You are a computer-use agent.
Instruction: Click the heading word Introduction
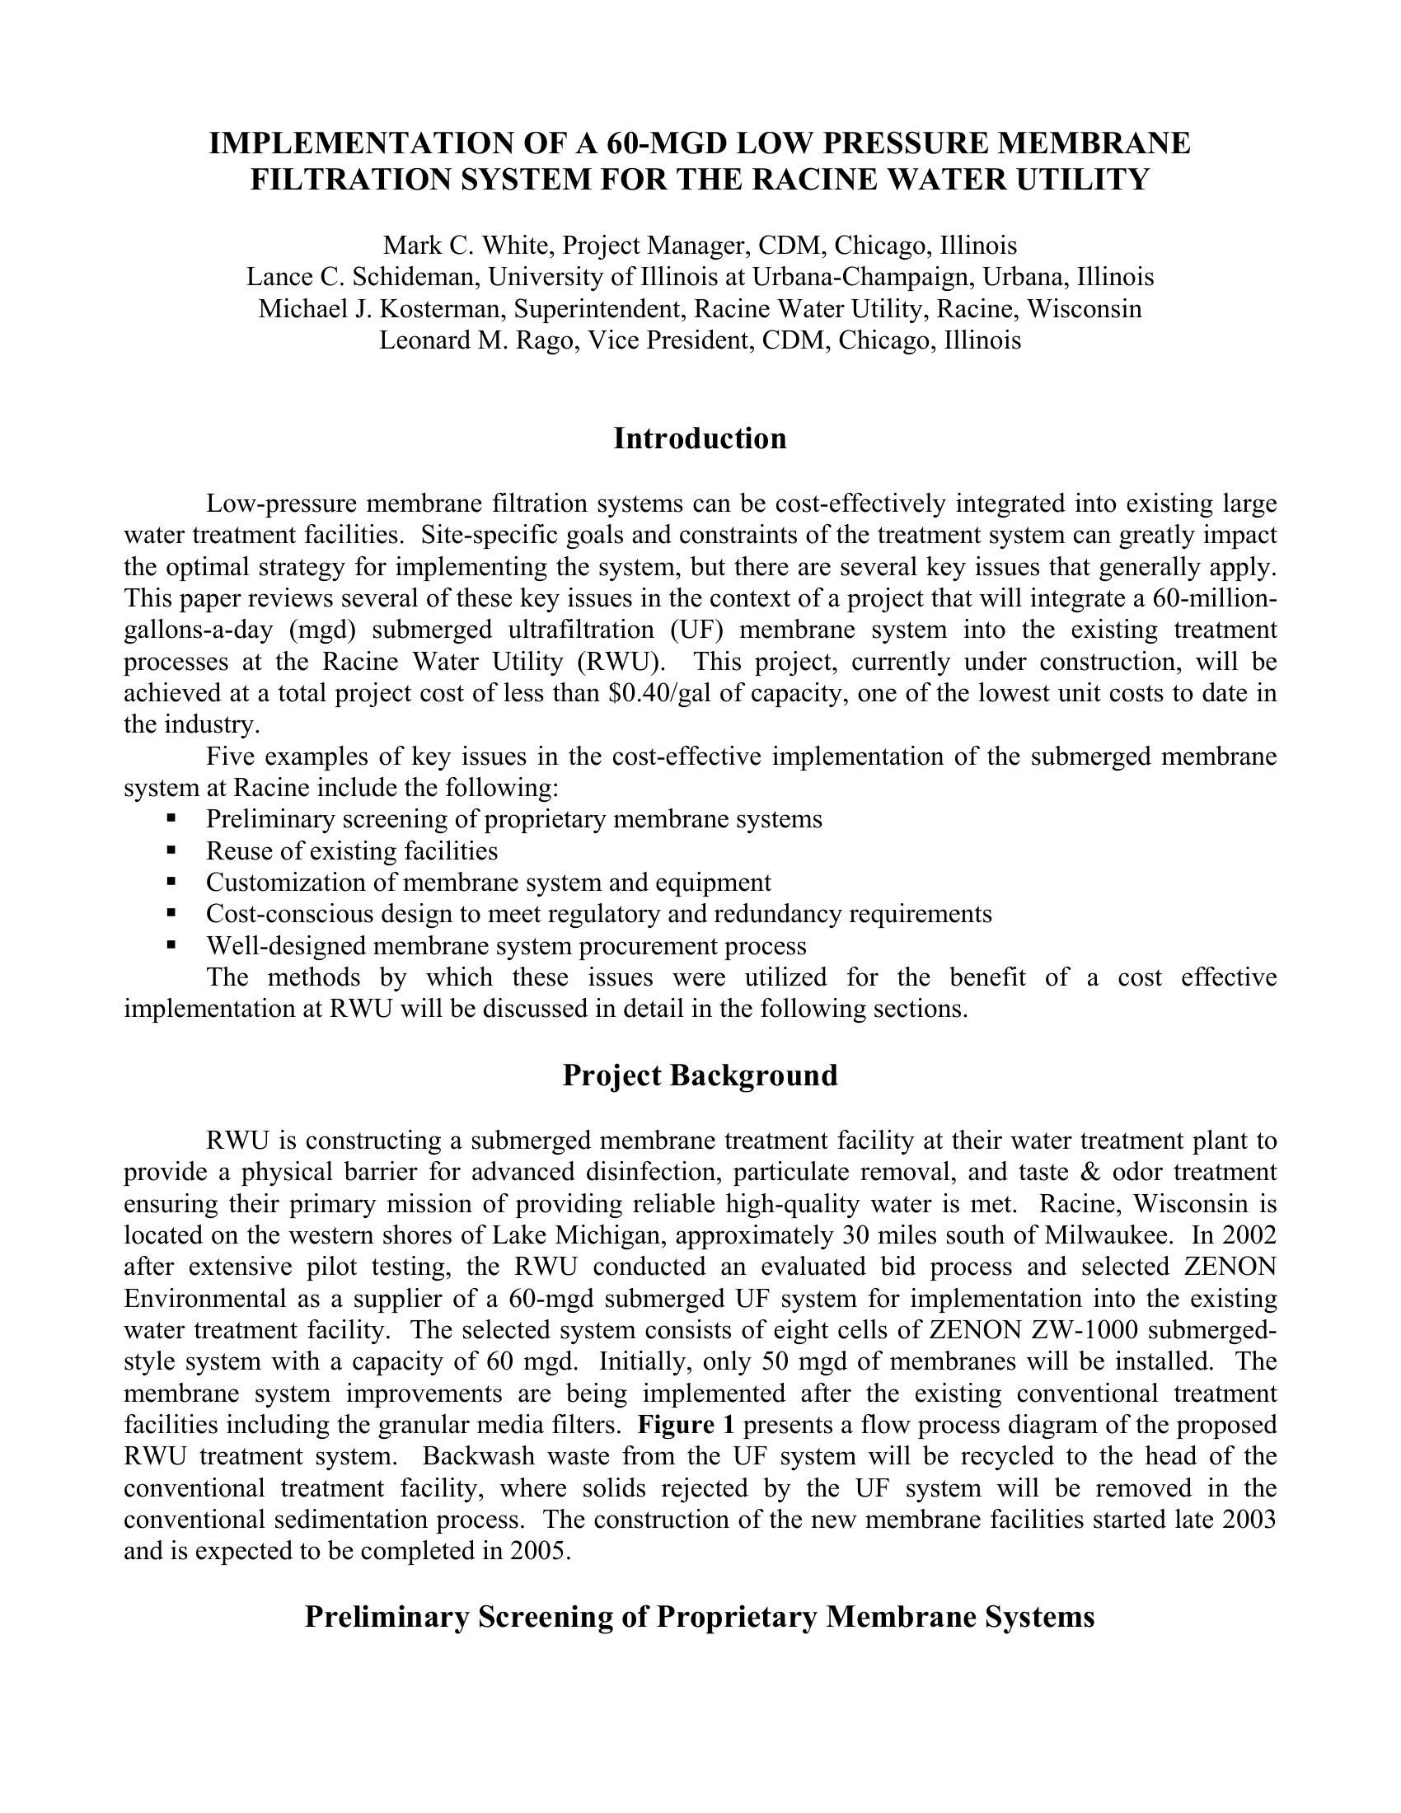(x=700, y=438)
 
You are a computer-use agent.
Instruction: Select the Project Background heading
(x=700, y=1075)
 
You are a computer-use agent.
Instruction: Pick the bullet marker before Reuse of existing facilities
(x=171, y=850)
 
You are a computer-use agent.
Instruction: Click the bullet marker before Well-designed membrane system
(x=171, y=944)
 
